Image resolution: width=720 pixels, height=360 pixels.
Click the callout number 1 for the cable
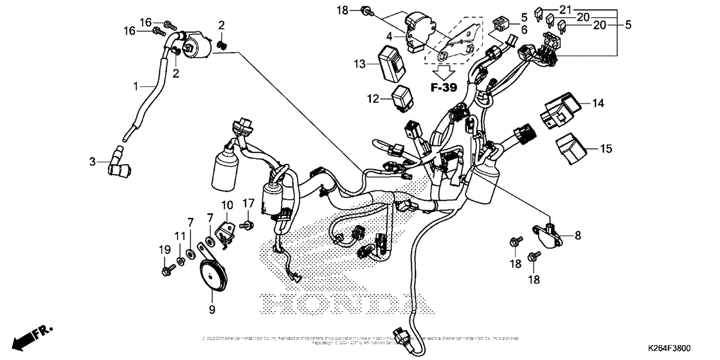(x=136, y=85)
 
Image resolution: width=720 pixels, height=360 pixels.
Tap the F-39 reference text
(x=444, y=87)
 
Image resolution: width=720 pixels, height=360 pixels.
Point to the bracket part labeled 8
(x=548, y=233)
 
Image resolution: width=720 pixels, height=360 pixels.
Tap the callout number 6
(x=524, y=30)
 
